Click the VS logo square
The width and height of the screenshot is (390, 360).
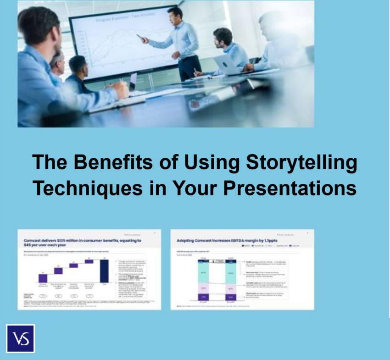tap(20, 338)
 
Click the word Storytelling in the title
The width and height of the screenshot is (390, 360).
tap(303, 163)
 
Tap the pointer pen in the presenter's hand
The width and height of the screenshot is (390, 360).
tap(139, 36)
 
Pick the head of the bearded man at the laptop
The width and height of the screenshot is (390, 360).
tap(223, 37)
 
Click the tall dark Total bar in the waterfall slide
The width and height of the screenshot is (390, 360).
tap(104, 271)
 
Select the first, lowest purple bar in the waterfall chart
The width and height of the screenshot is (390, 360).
tap(43, 278)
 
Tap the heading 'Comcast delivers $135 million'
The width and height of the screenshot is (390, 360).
tap(83, 242)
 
